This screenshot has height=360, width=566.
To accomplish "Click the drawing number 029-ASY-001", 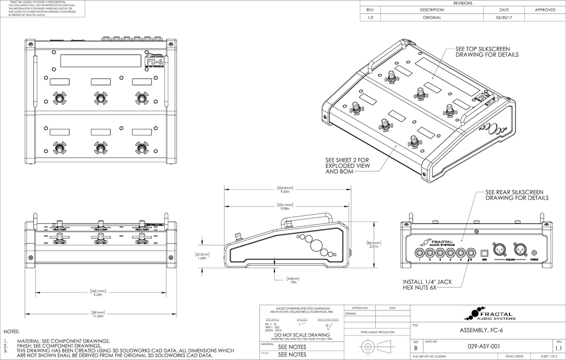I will coord(484,346).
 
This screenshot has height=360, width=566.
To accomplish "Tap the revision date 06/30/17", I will coord(503,17).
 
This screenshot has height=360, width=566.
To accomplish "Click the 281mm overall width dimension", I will coord(98,314).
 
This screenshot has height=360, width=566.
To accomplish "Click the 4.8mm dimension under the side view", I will coord(293,280).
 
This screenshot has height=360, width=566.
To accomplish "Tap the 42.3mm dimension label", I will coord(202,256).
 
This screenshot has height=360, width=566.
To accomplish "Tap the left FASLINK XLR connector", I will coord(499,249).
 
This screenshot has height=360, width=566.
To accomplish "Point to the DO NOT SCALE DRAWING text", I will coord(302,335).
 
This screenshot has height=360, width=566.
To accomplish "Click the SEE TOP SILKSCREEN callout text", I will coord(487,52).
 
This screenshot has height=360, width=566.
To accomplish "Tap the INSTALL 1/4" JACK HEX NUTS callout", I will coord(427,284).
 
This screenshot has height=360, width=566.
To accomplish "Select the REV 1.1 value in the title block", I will coord(559,348).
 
